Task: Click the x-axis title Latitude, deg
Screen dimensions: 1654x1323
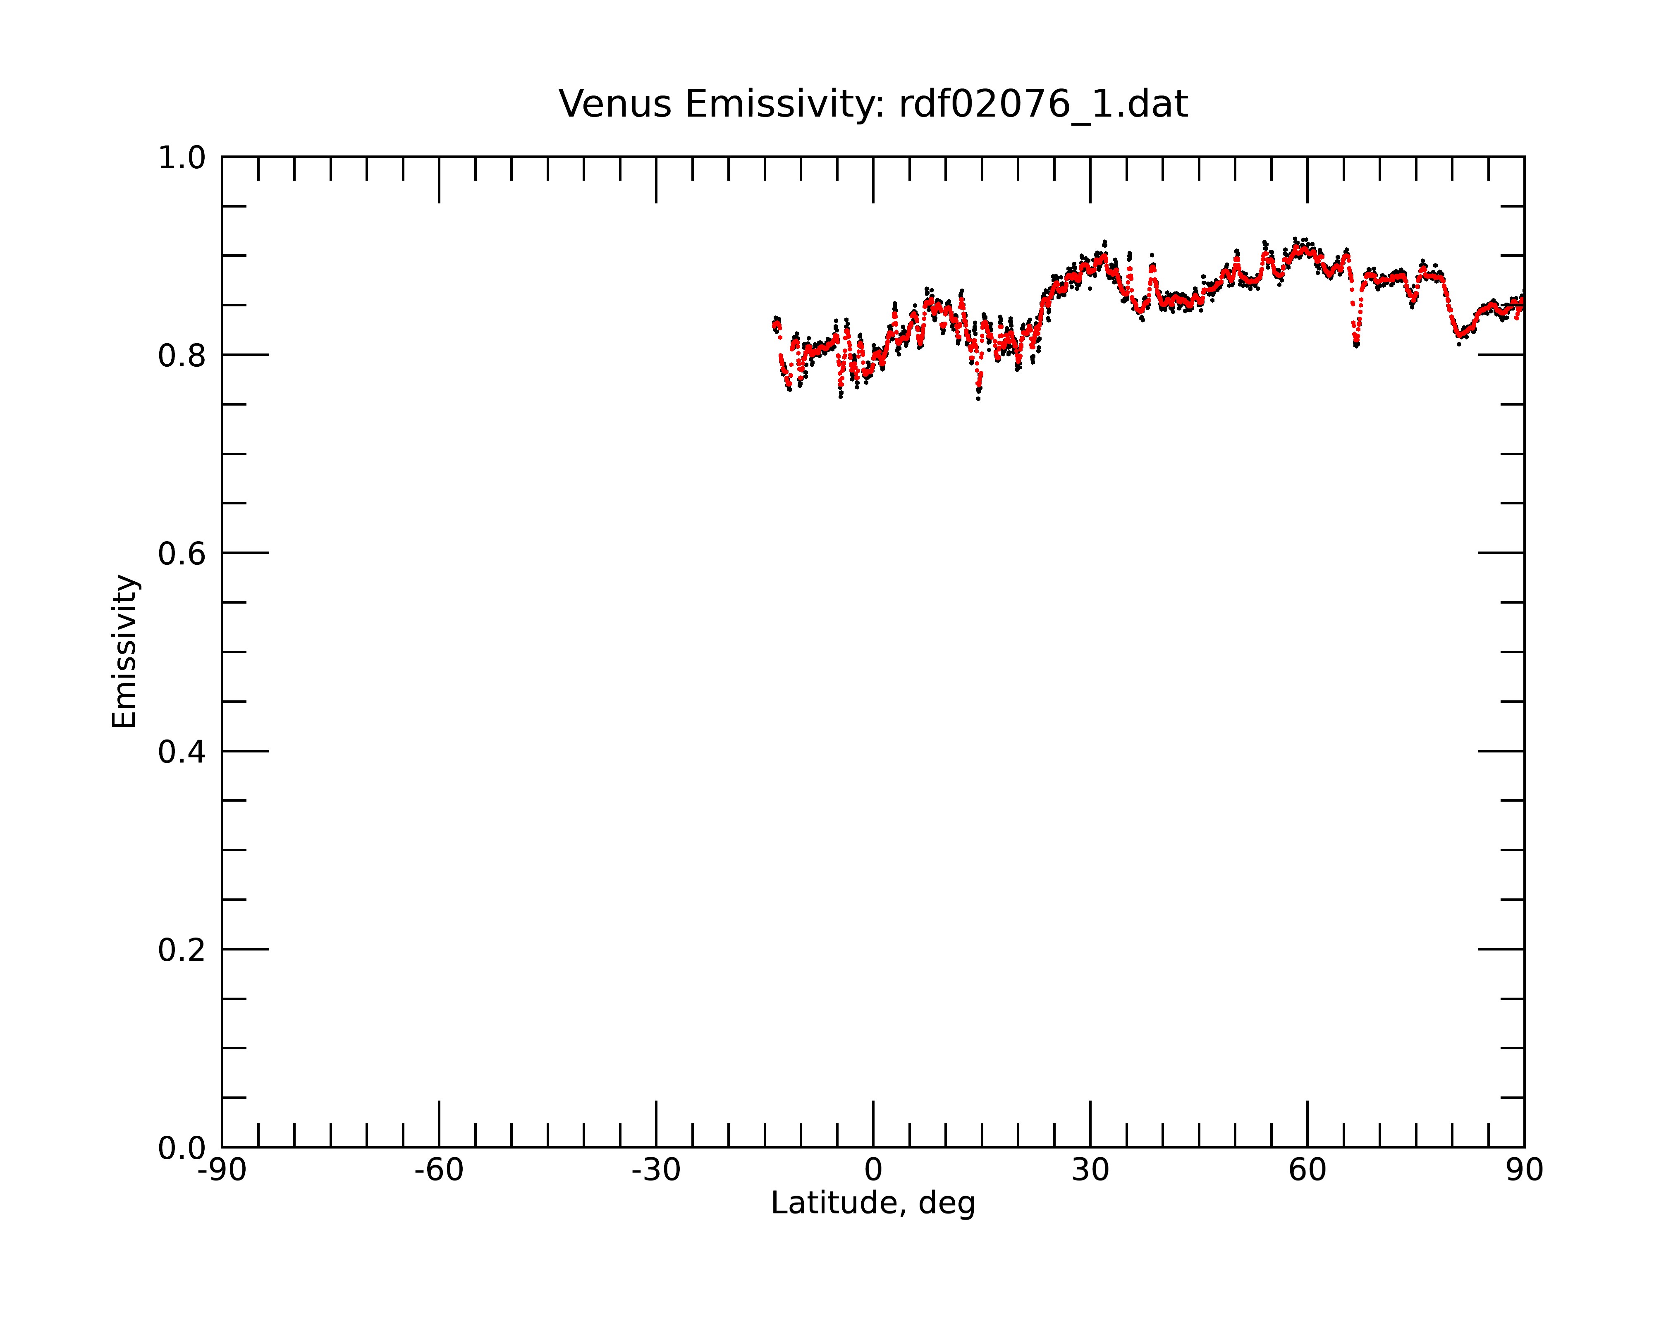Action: tap(873, 1203)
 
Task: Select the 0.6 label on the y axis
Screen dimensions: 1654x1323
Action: tap(182, 554)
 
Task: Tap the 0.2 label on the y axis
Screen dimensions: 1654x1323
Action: tap(182, 950)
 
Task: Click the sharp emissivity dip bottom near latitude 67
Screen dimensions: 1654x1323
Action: tap(1356, 345)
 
